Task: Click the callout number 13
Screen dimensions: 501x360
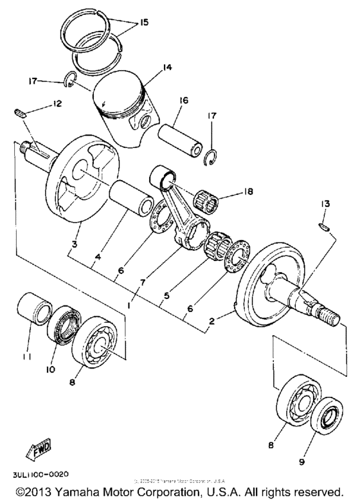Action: pos(325,204)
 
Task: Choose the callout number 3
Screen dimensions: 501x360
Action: pos(75,245)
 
